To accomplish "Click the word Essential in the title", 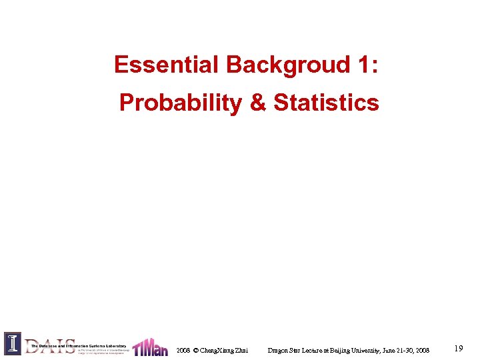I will tap(167, 65).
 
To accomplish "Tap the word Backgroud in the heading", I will tap(289, 65).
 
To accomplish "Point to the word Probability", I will tap(180, 103).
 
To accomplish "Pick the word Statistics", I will tap(326, 103).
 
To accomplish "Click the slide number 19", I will tap(458, 349).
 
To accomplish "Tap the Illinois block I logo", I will tap(12, 343).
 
